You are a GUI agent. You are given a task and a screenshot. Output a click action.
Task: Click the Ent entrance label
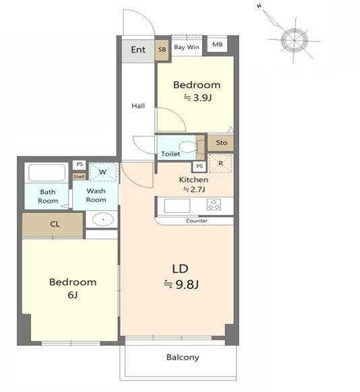click(x=138, y=49)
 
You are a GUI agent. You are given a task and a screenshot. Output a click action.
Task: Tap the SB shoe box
click(x=162, y=50)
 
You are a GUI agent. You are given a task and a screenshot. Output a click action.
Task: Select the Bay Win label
click(x=187, y=47)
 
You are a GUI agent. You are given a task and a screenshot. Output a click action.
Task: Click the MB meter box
click(x=217, y=44)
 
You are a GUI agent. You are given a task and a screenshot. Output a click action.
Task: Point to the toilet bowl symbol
click(x=188, y=147)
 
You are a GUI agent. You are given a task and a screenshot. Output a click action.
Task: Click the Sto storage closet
click(x=221, y=143)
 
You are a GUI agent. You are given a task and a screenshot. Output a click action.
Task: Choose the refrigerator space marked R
click(x=220, y=163)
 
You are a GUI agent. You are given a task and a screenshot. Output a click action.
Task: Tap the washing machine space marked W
click(x=104, y=172)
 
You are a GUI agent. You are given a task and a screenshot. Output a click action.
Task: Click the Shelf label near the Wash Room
click(x=79, y=176)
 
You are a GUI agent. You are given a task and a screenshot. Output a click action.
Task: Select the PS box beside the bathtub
click(x=80, y=164)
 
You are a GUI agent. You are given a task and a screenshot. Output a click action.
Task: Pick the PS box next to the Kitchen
click(x=200, y=166)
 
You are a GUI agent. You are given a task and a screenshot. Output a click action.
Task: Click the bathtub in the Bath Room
click(x=47, y=172)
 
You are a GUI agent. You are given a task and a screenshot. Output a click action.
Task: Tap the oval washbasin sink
click(x=103, y=220)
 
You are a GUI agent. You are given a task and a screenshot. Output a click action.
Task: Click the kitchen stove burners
click(x=214, y=204)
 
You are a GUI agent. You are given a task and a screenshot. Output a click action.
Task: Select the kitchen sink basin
click(x=177, y=205)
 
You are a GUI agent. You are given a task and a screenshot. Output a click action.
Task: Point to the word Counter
click(x=197, y=221)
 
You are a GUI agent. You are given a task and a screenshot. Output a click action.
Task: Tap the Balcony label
click(x=183, y=357)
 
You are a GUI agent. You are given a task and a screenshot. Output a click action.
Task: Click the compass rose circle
click(x=294, y=40)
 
